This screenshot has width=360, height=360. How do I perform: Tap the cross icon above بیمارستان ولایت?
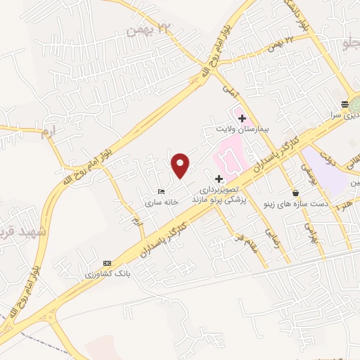coord(243,118)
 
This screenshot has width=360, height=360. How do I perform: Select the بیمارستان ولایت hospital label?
coord(241,130)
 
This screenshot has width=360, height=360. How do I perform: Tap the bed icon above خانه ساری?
coord(162,191)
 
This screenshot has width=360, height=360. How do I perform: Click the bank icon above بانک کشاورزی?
coord(107,262)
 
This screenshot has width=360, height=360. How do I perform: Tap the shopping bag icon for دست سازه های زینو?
coord(295,193)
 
